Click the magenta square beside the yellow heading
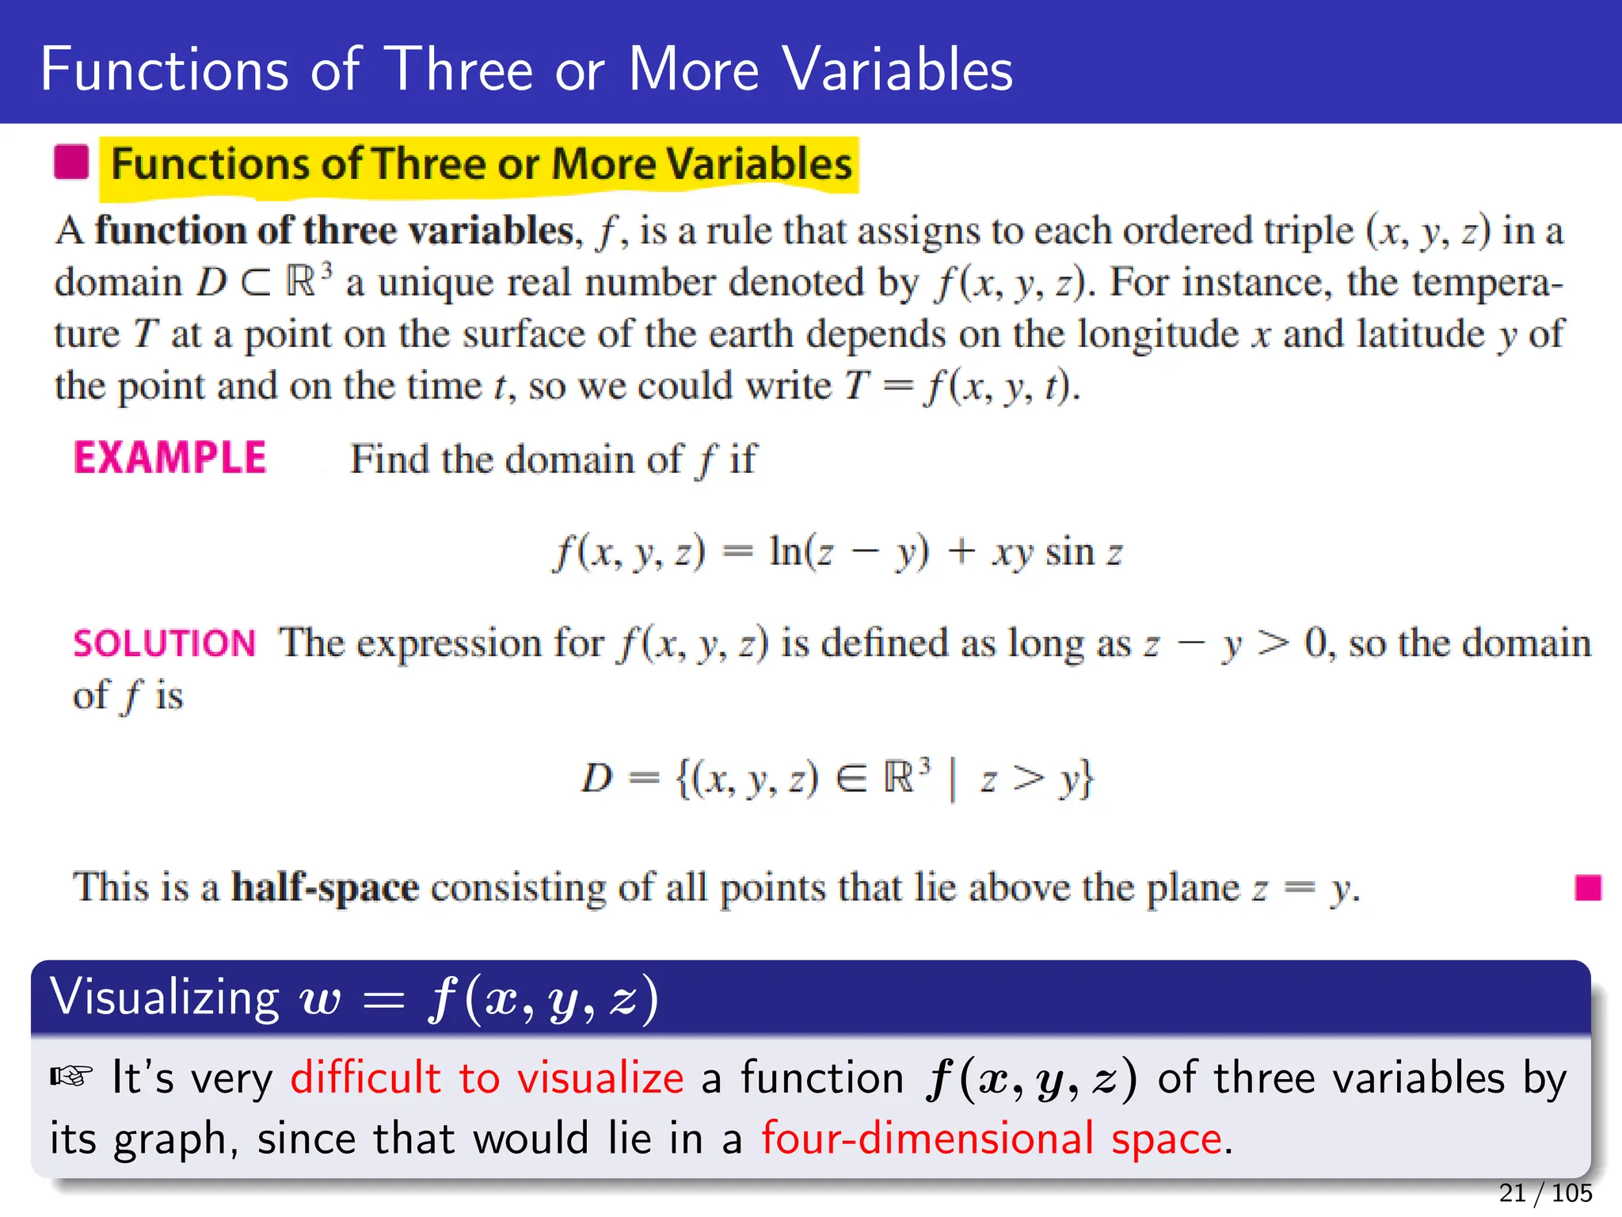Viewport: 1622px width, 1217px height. [71, 162]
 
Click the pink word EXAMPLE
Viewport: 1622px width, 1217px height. [170, 458]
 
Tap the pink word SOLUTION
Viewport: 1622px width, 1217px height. [165, 643]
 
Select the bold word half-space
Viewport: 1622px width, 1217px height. [325, 887]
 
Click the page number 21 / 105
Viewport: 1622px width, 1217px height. [1545, 1192]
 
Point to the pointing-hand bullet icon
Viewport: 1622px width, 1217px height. [71, 1077]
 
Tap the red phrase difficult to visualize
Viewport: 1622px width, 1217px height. [486, 1078]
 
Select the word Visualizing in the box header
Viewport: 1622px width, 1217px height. [165, 997]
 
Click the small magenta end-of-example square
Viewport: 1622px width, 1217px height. [1588, 887]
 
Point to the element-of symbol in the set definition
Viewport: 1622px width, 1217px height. [851, 779]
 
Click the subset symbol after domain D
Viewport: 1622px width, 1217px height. [255, 283]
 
